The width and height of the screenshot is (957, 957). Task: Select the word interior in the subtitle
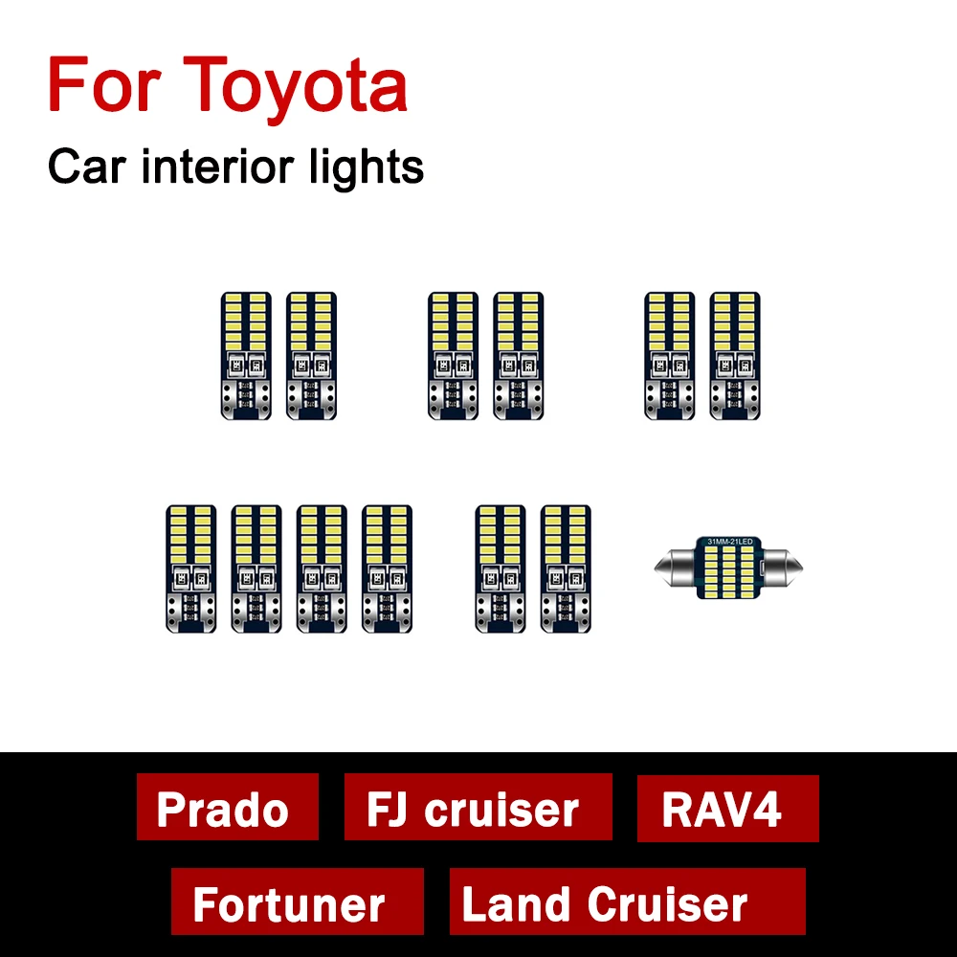pos(221,168)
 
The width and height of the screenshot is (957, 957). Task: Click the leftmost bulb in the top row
pos(245,355)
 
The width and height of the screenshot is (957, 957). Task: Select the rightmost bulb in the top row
pos(734,355)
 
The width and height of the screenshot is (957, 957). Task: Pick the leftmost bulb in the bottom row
pos(190,568)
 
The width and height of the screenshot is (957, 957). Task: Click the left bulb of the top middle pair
pos(453,355)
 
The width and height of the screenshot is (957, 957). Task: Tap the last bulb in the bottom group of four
pos(387,568)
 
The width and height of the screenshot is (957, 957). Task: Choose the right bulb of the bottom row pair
pos(565,568)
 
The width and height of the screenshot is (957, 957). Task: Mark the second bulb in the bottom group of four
pos(256,568)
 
